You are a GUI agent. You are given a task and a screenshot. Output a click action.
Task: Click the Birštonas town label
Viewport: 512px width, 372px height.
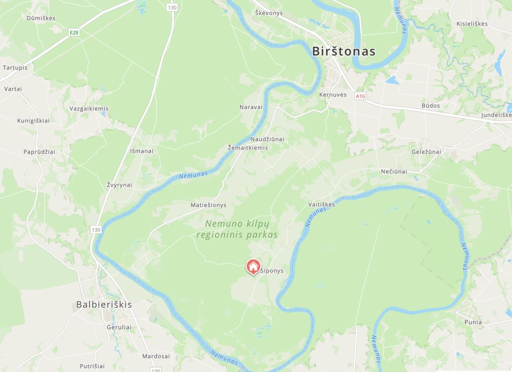point(344,51)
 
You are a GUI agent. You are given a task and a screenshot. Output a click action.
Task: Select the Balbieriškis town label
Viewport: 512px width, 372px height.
point(104,305)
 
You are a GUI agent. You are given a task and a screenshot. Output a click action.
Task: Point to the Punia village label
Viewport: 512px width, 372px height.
point(473,322)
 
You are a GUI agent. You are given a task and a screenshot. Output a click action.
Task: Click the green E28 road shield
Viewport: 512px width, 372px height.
point(74,32)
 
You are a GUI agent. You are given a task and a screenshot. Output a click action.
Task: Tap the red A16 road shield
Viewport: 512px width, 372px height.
point(360,96)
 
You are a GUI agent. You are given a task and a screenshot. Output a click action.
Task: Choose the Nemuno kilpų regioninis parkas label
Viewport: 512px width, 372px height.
point(237,229)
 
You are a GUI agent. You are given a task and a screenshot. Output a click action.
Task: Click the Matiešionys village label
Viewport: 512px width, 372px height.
point(208,205)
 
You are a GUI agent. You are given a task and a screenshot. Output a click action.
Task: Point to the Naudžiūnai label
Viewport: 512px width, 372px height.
point(267,139)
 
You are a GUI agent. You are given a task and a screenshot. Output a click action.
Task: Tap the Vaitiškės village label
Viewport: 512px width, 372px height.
point(322,204)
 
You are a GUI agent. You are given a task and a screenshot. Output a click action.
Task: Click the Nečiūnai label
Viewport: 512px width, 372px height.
point(394,171)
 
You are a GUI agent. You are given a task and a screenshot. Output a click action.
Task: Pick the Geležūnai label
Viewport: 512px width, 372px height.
point(426,152)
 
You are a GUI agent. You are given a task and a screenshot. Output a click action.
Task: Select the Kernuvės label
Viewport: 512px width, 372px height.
point(332,95)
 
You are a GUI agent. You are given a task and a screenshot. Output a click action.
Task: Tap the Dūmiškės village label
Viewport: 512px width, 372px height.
point(41,18)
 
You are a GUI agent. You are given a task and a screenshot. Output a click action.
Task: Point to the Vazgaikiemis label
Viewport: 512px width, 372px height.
point(89,109)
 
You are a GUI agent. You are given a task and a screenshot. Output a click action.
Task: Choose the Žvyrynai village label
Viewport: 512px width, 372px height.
point(119,185)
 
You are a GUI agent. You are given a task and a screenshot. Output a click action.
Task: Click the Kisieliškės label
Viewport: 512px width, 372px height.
point(472,23)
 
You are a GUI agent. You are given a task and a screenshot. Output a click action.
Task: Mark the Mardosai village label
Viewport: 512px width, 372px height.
point(156,356)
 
